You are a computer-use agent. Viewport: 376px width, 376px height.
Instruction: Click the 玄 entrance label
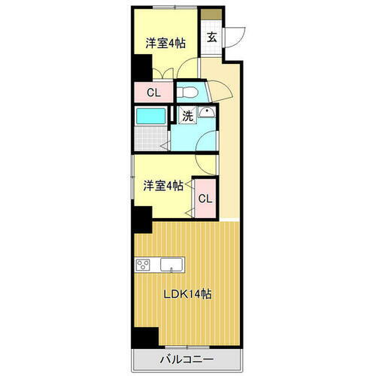(212, 36)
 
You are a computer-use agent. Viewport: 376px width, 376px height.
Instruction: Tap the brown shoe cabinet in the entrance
(212, 14)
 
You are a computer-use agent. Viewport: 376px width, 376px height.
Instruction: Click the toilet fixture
(190, 92)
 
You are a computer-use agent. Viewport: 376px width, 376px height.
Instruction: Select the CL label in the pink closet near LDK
(205, 199)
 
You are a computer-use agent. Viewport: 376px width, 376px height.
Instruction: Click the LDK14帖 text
(188, 294)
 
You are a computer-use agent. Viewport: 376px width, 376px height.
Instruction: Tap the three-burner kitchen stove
(144, 265)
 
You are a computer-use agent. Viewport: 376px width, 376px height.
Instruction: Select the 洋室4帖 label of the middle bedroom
(164, 186)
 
